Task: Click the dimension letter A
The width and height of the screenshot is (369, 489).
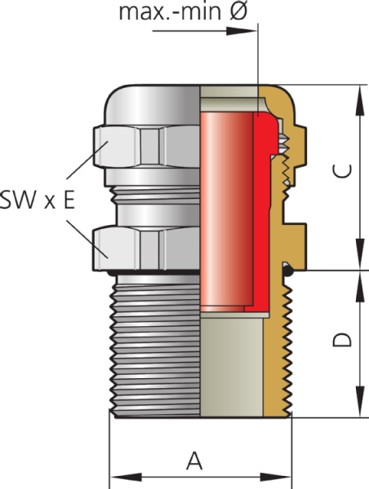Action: [x=194, y=461]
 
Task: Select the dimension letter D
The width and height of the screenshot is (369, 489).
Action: [x=342, y=340]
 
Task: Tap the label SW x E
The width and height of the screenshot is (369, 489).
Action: [x=38, y=200]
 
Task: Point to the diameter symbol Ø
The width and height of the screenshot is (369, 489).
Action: [x=238, y=11]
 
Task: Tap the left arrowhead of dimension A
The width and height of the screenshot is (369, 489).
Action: [x=126, y=477]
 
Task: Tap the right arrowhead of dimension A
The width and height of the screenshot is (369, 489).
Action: [x=276, y=477]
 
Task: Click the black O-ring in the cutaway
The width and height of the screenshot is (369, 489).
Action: [x=287, y=270]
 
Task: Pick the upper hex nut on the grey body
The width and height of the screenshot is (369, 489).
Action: [x=146, y=146]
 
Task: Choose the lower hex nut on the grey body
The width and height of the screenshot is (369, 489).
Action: [x=146, y=249]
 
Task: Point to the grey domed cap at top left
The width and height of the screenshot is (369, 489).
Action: [x=153, y=104]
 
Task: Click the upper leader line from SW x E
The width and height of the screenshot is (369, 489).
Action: [x=87, y=161]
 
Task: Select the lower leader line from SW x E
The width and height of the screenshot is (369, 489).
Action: [x=87, y=239]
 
